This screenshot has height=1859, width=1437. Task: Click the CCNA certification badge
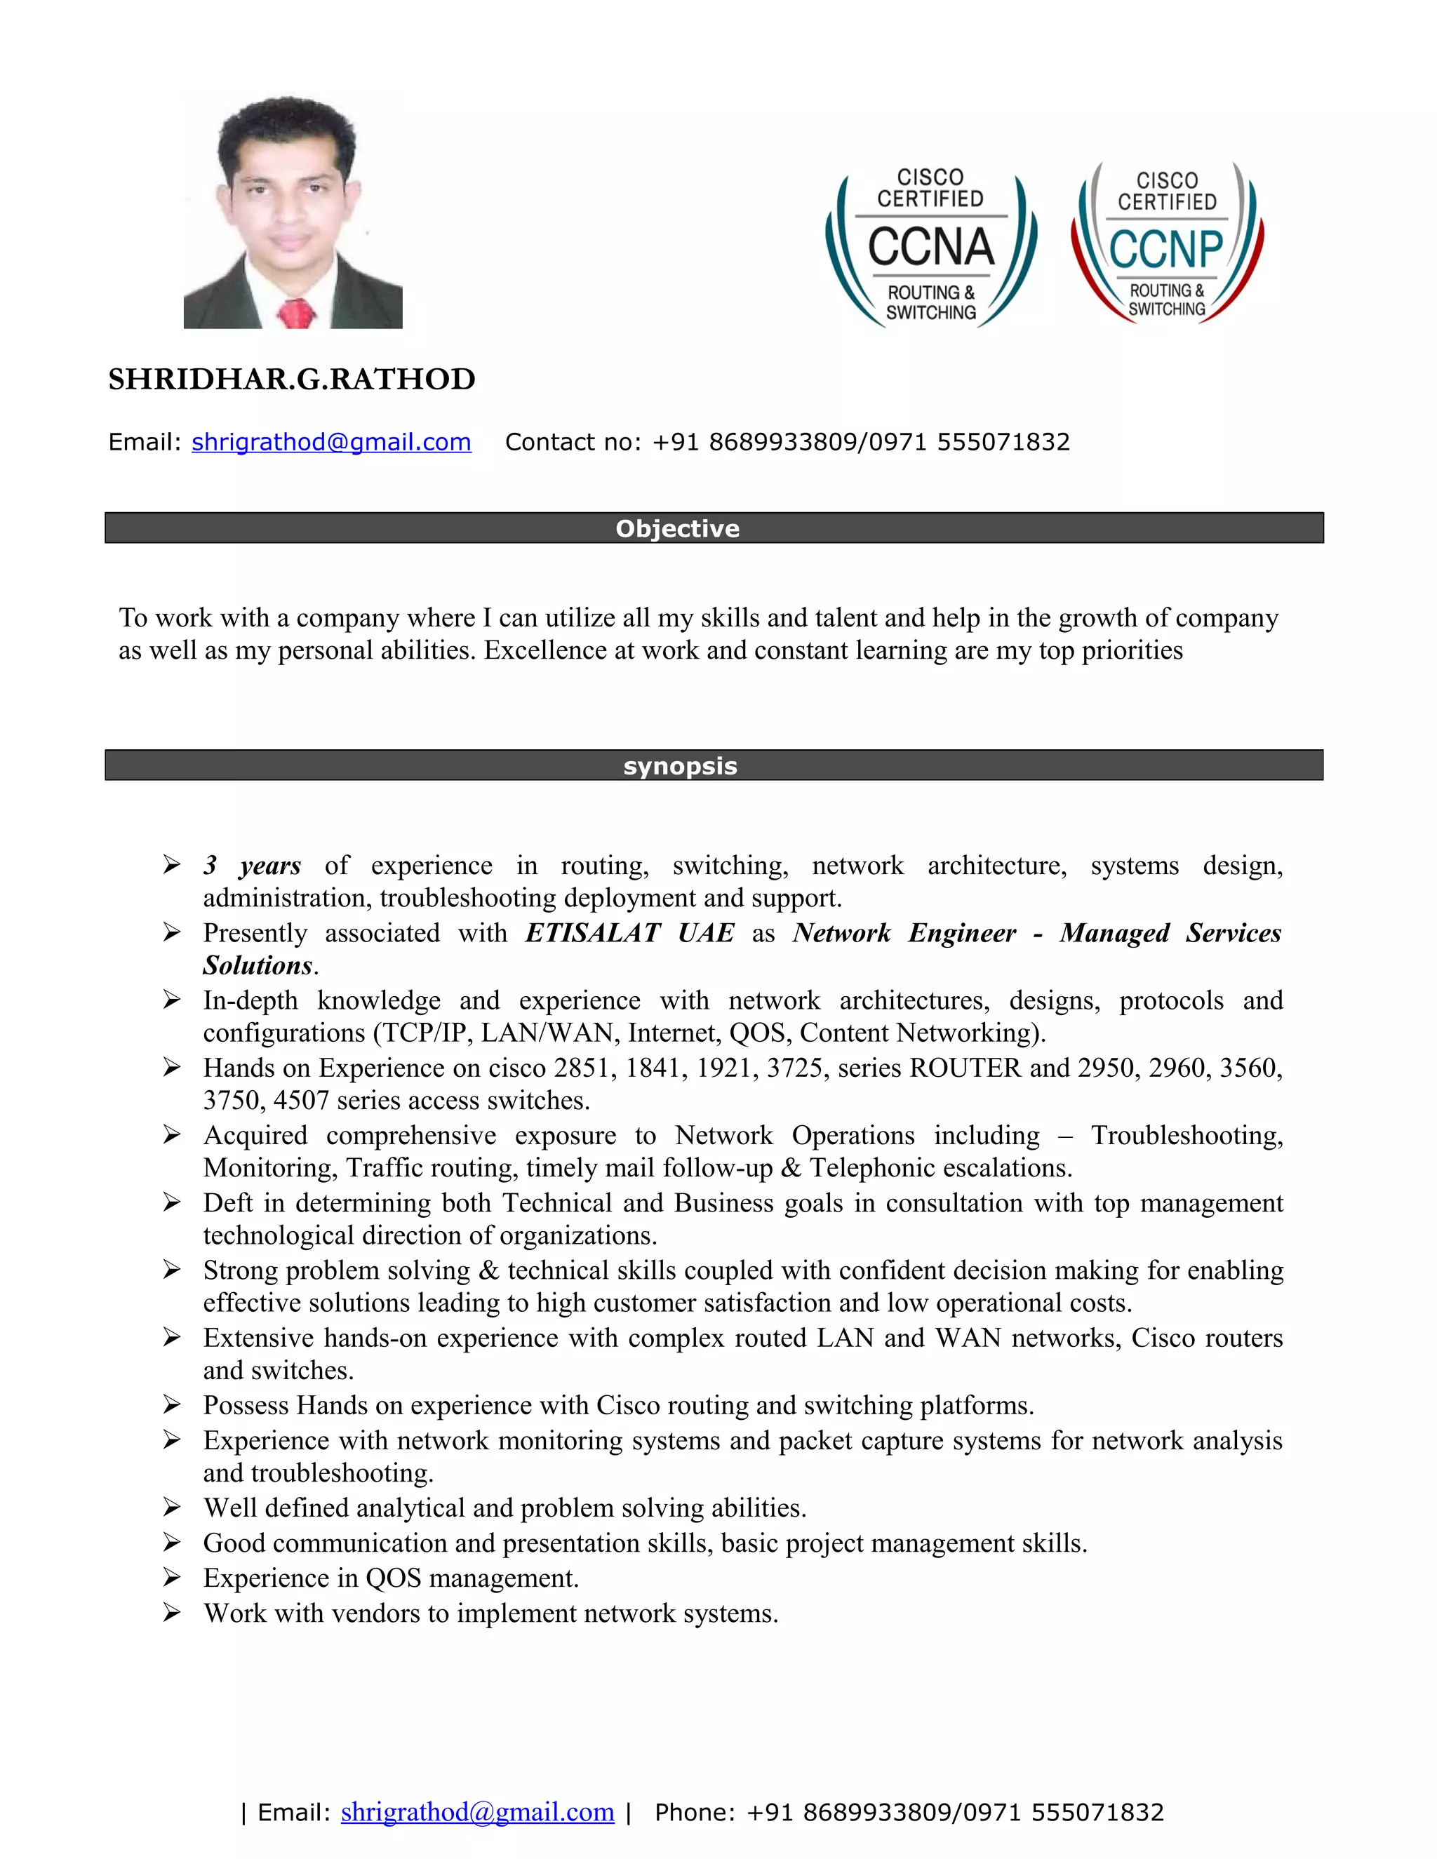[930, 247]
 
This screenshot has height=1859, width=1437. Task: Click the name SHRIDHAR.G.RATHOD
[292, 380]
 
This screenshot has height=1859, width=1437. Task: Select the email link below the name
[331, 443]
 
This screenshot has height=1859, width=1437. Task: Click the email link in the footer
[478, 1812]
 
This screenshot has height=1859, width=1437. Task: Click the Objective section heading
[678, 529]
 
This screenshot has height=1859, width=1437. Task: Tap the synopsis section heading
[680, 766]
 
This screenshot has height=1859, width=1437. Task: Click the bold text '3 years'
[252, 866]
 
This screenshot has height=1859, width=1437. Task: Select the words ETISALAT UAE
[629, 933]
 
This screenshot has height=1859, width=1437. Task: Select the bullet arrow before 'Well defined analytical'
[172, 1508]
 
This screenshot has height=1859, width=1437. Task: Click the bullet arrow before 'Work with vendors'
[172, 1613]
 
